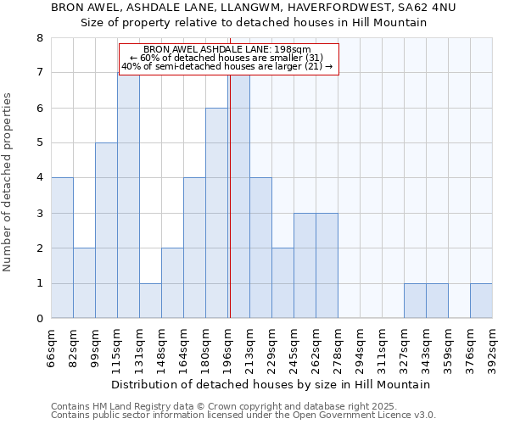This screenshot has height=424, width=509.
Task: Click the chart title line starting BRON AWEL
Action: click(x=253, y=8)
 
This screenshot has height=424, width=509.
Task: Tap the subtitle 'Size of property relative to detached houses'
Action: click(x=253, y=23)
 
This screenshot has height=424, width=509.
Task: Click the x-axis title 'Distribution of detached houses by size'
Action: click(x=271, y=384)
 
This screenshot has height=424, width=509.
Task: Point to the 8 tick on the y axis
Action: click(x=39, y=38)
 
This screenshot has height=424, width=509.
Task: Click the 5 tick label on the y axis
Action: click(x=39, y=143)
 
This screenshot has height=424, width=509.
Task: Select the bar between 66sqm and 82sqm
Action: click(x=62, y=248)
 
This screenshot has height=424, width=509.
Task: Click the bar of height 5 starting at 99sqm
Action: click(x=106, y=231)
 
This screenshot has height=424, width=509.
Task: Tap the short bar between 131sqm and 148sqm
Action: click(x=150, y=301)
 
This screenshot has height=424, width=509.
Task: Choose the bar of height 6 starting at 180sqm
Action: click(x=216, y=213)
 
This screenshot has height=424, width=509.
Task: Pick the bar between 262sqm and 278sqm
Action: click(x=327, y=265)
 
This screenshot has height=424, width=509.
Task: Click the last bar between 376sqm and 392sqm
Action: click(x=481, y=301)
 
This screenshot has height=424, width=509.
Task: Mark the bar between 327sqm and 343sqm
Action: click(x=415, y=301)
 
